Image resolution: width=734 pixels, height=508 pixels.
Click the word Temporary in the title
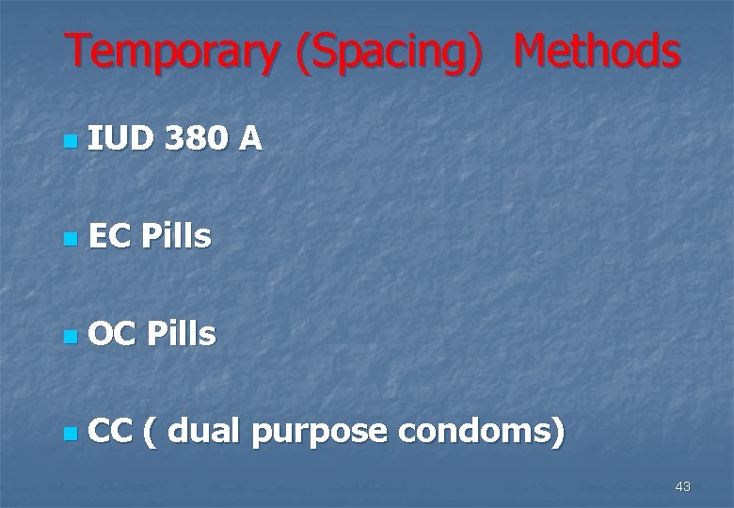171,53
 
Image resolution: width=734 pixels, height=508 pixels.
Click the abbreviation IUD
120,140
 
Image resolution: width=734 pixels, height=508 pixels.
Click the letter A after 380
249,140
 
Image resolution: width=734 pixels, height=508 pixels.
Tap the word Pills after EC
176,237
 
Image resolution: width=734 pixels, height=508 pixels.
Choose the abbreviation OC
111,334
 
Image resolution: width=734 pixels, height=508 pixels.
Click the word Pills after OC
181,334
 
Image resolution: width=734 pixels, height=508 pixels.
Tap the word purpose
320,433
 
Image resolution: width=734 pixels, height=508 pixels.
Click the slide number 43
682,486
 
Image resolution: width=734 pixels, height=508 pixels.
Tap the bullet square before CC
68,435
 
